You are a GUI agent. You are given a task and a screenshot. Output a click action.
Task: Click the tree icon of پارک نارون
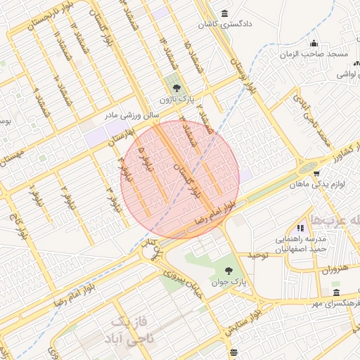click(x=176, y=88)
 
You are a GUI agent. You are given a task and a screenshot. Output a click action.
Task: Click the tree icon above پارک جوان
click(x=228, y=270)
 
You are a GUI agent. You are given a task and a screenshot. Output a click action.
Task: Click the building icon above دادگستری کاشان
click(x=224, y=13)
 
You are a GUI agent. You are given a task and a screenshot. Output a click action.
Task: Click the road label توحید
click(x=257, y=255)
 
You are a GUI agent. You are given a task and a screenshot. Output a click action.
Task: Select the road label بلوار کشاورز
click(x=333, y=148)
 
